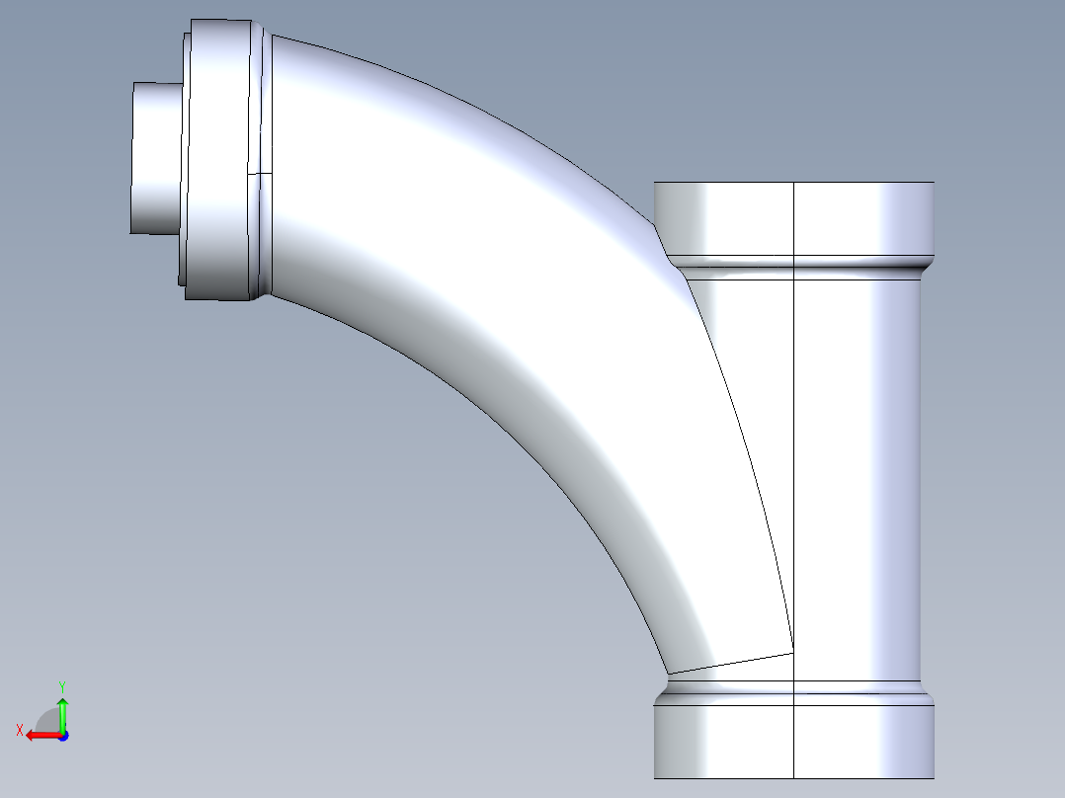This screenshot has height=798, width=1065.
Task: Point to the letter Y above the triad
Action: [x=61, y=685]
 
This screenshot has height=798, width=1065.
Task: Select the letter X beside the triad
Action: [x=19, y=730]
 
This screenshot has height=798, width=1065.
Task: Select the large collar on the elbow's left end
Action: [x=217, y=158]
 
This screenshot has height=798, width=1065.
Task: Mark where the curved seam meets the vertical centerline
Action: [x=794, y=652]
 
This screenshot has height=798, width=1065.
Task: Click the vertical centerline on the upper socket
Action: [x=795, y=222]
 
